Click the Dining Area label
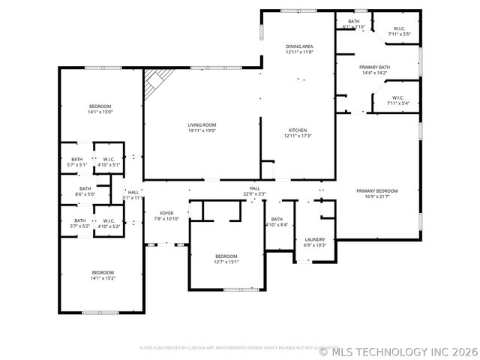(x=298, y=46)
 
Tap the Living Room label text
(x=202, y=124)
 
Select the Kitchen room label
(x=298, y=130)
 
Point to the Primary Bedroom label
(x=376, y=190)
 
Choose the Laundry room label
(x=315, y=239)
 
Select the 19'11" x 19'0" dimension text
(x=202, y=130)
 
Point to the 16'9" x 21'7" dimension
(x=376, y=196)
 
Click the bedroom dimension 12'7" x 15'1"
(x=226, y=262)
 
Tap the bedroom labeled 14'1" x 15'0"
(x=100, y=109)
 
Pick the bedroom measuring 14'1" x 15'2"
(x=103, y=275)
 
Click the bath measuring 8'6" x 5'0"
(x=85, y=191)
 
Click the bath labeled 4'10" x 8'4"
(x=277, y=222)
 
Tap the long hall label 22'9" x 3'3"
(x=254, y=191)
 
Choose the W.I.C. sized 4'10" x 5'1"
(x=109, y=162)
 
